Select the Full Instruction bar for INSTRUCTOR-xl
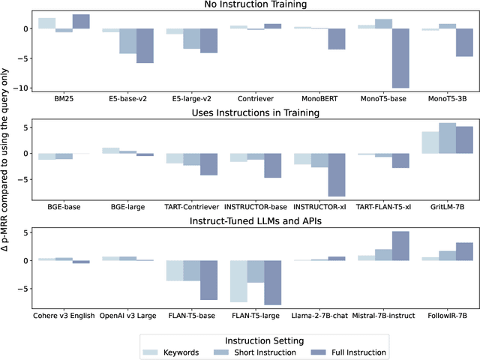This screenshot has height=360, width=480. pos(337,174)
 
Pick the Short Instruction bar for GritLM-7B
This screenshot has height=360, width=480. pos(447,138)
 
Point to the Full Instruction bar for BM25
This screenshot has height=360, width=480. pos(81,22)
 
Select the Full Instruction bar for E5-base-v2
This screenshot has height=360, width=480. pos(145,46)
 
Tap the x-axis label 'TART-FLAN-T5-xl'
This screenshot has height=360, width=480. pos(383,205)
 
